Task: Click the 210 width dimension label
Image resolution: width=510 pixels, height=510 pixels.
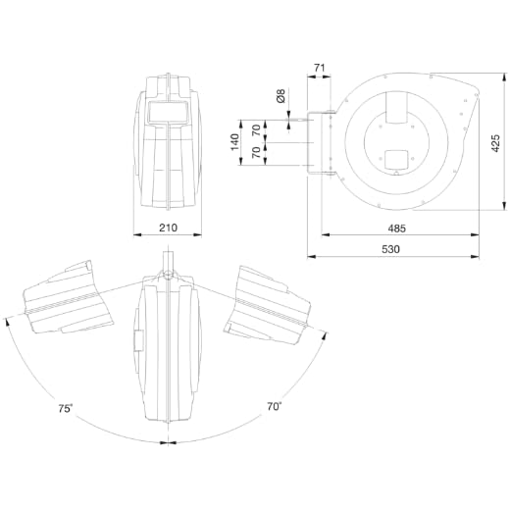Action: (x=168, y=228)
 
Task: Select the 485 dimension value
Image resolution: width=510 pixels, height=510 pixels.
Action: (x=396, y=229)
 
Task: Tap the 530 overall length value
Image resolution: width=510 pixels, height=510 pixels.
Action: (x=390, y=249)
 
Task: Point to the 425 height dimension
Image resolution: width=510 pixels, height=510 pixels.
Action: (x=495, y=143)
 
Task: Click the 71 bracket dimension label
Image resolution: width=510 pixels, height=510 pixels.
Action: (x=320, y=68)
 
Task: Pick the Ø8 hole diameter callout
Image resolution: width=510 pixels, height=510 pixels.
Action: (x=280, y=96)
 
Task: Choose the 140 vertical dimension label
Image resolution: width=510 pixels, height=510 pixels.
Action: (x=234, y=142)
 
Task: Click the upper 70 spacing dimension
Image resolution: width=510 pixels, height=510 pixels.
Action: (x=257, y=130)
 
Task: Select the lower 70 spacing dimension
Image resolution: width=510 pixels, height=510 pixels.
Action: (x=257, y=152)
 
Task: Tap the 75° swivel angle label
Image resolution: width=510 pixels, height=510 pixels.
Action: (x=66, y=408)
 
